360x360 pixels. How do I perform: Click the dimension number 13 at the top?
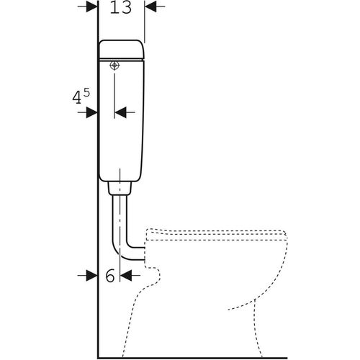[x=121, y=7]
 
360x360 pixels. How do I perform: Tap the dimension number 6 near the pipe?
[x=110, y=275]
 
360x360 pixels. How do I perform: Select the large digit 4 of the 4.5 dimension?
[x=77, y=98]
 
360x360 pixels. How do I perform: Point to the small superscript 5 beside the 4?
[x=86, y=92]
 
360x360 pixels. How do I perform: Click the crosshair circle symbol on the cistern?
[x=114, y=66]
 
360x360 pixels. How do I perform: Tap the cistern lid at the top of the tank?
[x=122, y=49]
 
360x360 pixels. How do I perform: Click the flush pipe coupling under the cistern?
[x=120, y=188]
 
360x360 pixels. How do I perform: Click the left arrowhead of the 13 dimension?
[x=92, y=6]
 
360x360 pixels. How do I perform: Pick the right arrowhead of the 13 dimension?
[x=150, y=6]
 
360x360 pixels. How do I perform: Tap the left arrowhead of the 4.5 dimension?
[x=92, y=112]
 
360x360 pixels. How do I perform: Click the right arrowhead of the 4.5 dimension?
[x=120, y=112]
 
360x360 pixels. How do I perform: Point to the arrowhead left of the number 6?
[x=92, y=275]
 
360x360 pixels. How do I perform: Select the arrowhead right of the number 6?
[x=126, y=275]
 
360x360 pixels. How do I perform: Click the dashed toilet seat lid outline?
[x=216, y=235]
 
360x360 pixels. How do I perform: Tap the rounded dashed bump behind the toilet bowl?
[x=153, y=276]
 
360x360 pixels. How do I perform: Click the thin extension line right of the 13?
[x=145, y=22]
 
